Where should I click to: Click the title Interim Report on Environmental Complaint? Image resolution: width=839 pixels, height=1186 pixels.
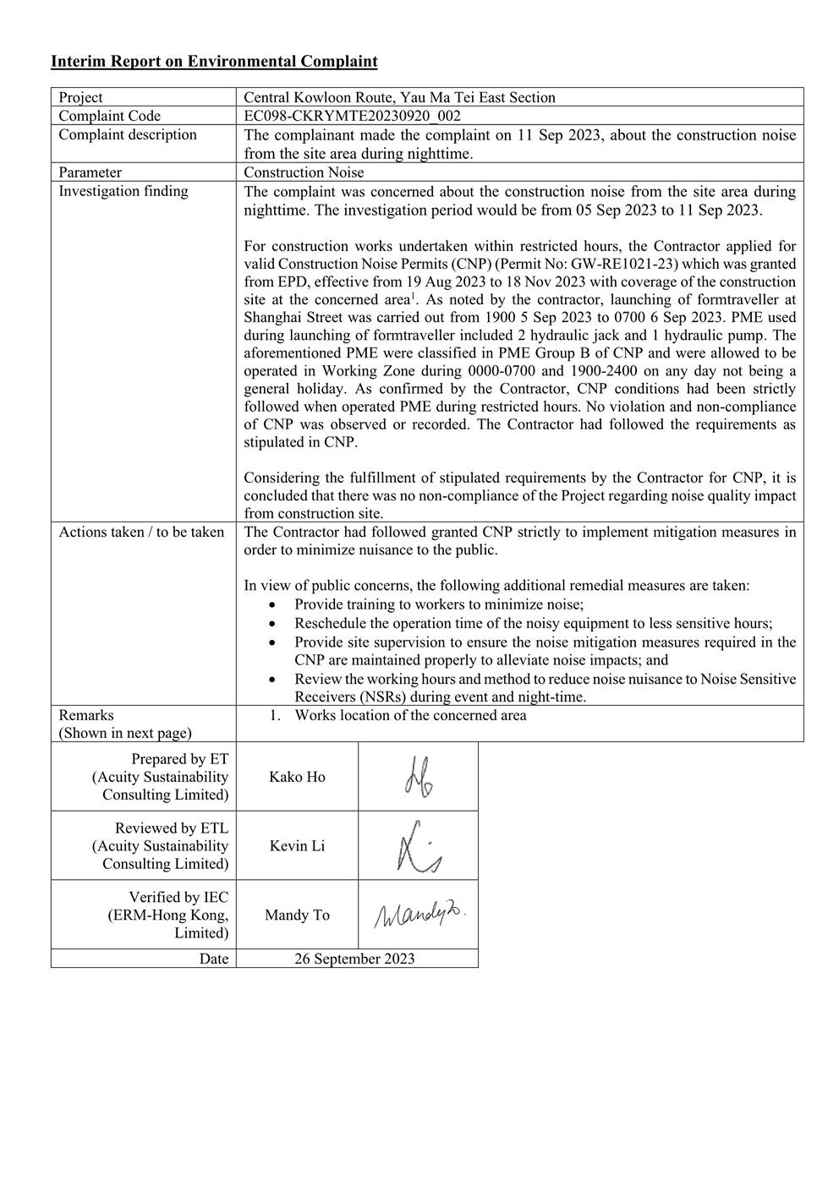point(214,61)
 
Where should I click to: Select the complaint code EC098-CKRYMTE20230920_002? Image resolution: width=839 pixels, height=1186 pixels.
point(352,116)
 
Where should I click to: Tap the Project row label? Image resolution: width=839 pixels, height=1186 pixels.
point(80,97)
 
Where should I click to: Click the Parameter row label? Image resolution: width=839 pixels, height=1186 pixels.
point(90,172)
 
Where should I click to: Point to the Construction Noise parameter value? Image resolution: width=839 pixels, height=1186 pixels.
point(304,172)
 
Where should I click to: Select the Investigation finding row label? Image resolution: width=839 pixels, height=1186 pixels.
point(123,191)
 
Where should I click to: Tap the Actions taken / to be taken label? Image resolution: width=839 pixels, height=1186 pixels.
point(141,532)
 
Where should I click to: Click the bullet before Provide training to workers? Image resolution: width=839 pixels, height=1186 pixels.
point(271,605)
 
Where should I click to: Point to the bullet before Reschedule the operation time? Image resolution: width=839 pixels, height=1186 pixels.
point(271,624)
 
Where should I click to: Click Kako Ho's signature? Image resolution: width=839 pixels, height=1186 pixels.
point(418,777)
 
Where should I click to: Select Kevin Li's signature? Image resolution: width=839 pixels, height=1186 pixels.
point(418,846)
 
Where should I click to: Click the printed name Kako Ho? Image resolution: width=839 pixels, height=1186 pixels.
point(297,777)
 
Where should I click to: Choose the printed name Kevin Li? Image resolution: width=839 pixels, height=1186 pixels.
point(297,846)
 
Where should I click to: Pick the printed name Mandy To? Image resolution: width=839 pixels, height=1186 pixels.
point(297,915)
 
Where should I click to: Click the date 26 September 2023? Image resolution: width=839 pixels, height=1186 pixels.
point(354,959)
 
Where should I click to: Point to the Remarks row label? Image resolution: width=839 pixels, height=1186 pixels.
point(85,715)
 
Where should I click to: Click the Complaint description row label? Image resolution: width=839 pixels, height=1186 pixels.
point(127,135)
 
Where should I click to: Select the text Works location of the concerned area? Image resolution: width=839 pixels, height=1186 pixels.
point(410,715)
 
